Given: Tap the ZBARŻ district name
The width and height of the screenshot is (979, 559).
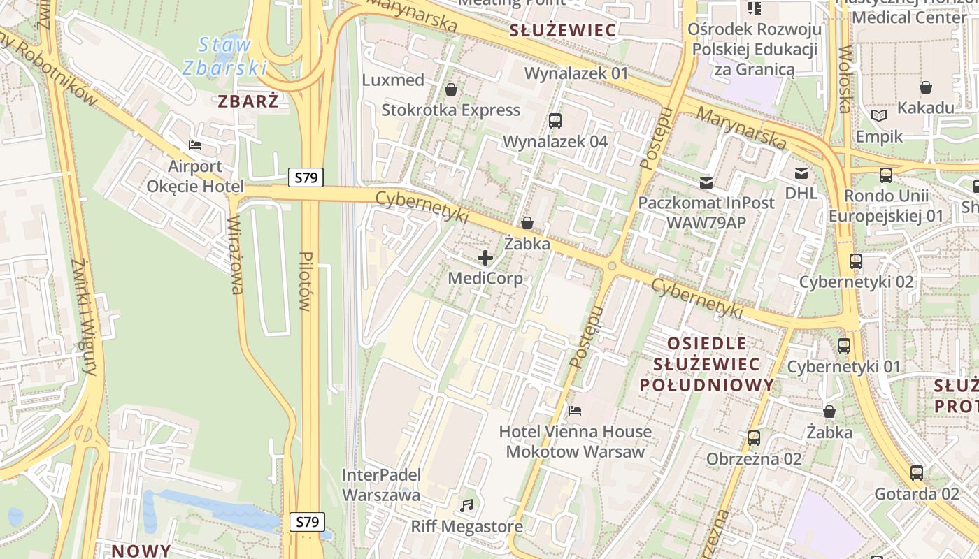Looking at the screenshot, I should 248,101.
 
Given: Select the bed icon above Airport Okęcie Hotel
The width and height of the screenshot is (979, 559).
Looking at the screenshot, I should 195,145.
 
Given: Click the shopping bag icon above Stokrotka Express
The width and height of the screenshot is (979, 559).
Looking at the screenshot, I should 451,89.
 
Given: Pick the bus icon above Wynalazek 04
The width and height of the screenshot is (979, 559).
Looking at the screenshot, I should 555,120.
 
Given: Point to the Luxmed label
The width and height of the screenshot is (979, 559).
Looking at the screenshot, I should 393,80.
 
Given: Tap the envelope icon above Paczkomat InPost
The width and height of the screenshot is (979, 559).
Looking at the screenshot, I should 706,183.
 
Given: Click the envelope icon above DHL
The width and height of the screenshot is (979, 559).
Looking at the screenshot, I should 801,173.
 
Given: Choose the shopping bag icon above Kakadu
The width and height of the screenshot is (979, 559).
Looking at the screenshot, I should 926,87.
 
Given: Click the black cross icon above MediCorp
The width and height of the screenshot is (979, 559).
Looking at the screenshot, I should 485,258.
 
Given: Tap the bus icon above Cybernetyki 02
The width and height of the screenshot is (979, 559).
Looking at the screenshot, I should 856,261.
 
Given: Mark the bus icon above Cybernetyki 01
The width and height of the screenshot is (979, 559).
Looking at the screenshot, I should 844,345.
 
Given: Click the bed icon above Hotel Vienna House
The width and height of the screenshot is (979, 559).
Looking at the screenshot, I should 575,411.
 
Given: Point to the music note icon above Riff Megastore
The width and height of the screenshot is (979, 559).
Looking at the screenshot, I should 466,504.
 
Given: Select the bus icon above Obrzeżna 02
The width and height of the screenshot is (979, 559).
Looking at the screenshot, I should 753,438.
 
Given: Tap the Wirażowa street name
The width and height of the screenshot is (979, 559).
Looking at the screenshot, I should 235,255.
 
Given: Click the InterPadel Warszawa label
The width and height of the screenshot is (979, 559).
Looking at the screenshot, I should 381,485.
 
